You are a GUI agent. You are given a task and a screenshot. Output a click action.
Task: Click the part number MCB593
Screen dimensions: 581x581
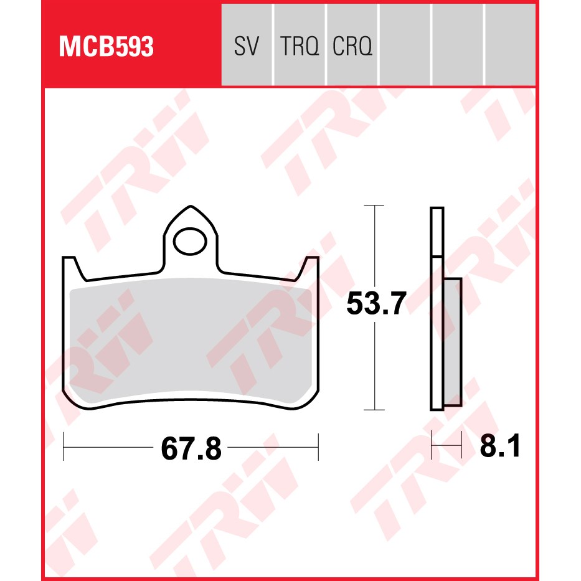tap(106, 47)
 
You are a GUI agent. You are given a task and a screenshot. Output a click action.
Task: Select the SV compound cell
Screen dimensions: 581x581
tap(247, 45)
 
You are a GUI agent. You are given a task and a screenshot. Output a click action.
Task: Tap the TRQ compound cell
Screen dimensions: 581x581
tap(300, 45)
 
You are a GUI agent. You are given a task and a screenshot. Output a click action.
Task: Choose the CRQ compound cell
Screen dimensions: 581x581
tap(352, 45)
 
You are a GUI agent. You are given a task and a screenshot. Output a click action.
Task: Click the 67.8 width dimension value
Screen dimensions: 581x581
tap(191, 449)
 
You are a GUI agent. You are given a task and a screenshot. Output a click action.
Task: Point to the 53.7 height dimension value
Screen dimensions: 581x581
tap(376, 303)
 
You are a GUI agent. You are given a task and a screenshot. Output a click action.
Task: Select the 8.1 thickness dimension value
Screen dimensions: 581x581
tap(500, 446)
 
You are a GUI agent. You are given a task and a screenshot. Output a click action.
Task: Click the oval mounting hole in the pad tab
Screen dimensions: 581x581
tap(190, 242)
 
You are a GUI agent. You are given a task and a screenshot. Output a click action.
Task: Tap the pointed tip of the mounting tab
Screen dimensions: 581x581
tap(191, 206)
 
